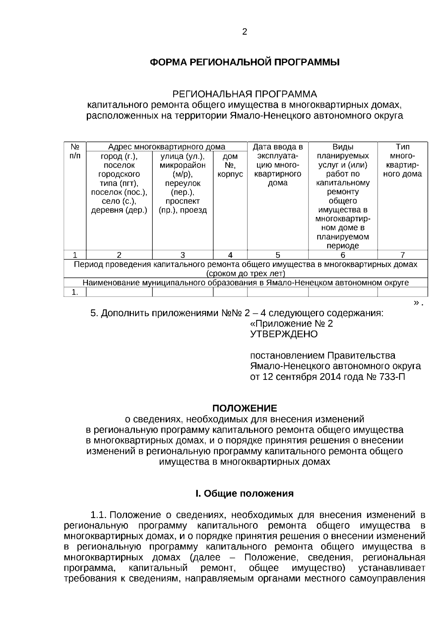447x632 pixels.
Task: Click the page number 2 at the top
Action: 245,32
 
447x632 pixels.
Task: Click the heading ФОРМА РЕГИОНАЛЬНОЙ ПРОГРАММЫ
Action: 245,62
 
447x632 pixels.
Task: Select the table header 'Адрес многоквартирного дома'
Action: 167,147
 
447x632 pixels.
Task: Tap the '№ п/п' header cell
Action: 75,151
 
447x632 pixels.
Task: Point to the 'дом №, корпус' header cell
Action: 230,165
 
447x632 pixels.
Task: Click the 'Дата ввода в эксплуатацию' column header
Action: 278,165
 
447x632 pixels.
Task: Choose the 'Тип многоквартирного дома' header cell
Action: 402,160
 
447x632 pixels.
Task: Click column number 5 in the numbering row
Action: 278,255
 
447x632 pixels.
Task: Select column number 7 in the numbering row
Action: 402,255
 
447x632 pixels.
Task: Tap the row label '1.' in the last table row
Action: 75,293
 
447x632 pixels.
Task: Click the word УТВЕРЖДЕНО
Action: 283,334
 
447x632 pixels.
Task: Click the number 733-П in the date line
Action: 391,377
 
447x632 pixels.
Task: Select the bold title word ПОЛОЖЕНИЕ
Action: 245,409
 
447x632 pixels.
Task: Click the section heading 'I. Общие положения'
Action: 245,494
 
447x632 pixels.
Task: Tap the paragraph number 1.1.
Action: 99,515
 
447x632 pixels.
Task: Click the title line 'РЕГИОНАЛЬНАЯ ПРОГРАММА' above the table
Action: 245,93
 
